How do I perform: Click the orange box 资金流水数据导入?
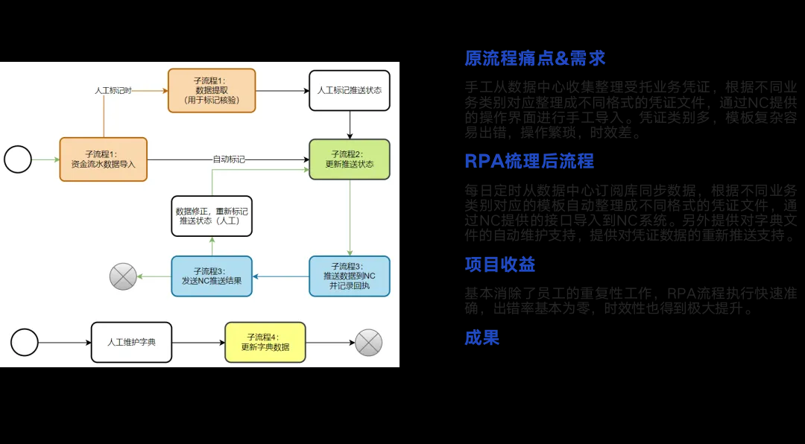tap(104, 159)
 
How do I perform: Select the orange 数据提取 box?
tap(212, 90)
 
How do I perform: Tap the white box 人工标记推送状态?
tap(350, 90)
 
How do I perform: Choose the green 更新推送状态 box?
tap(350, 159)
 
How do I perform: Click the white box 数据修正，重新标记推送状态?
tap(212, 216)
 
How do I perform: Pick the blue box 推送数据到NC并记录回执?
tap(350, 276)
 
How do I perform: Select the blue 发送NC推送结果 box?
tap(212, 276)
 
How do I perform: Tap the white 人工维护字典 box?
tap(131, 342)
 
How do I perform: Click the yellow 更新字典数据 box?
tap(265, 342)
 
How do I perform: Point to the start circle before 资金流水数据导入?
tap(18, 159)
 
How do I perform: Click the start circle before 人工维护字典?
tap(25, 342)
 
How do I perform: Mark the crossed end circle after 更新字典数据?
tap(368, 343)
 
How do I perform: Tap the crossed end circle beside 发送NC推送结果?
tap(123, 276)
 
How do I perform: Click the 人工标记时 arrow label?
tap(113, 90)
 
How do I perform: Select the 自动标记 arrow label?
tap(229, 159)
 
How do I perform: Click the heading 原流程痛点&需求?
tap(534, 58)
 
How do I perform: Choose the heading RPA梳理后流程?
tap(528, 161)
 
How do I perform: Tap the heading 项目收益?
tap(499, 264)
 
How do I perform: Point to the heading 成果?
tap(482, 337)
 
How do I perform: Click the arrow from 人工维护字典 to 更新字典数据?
tap(198, 343)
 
